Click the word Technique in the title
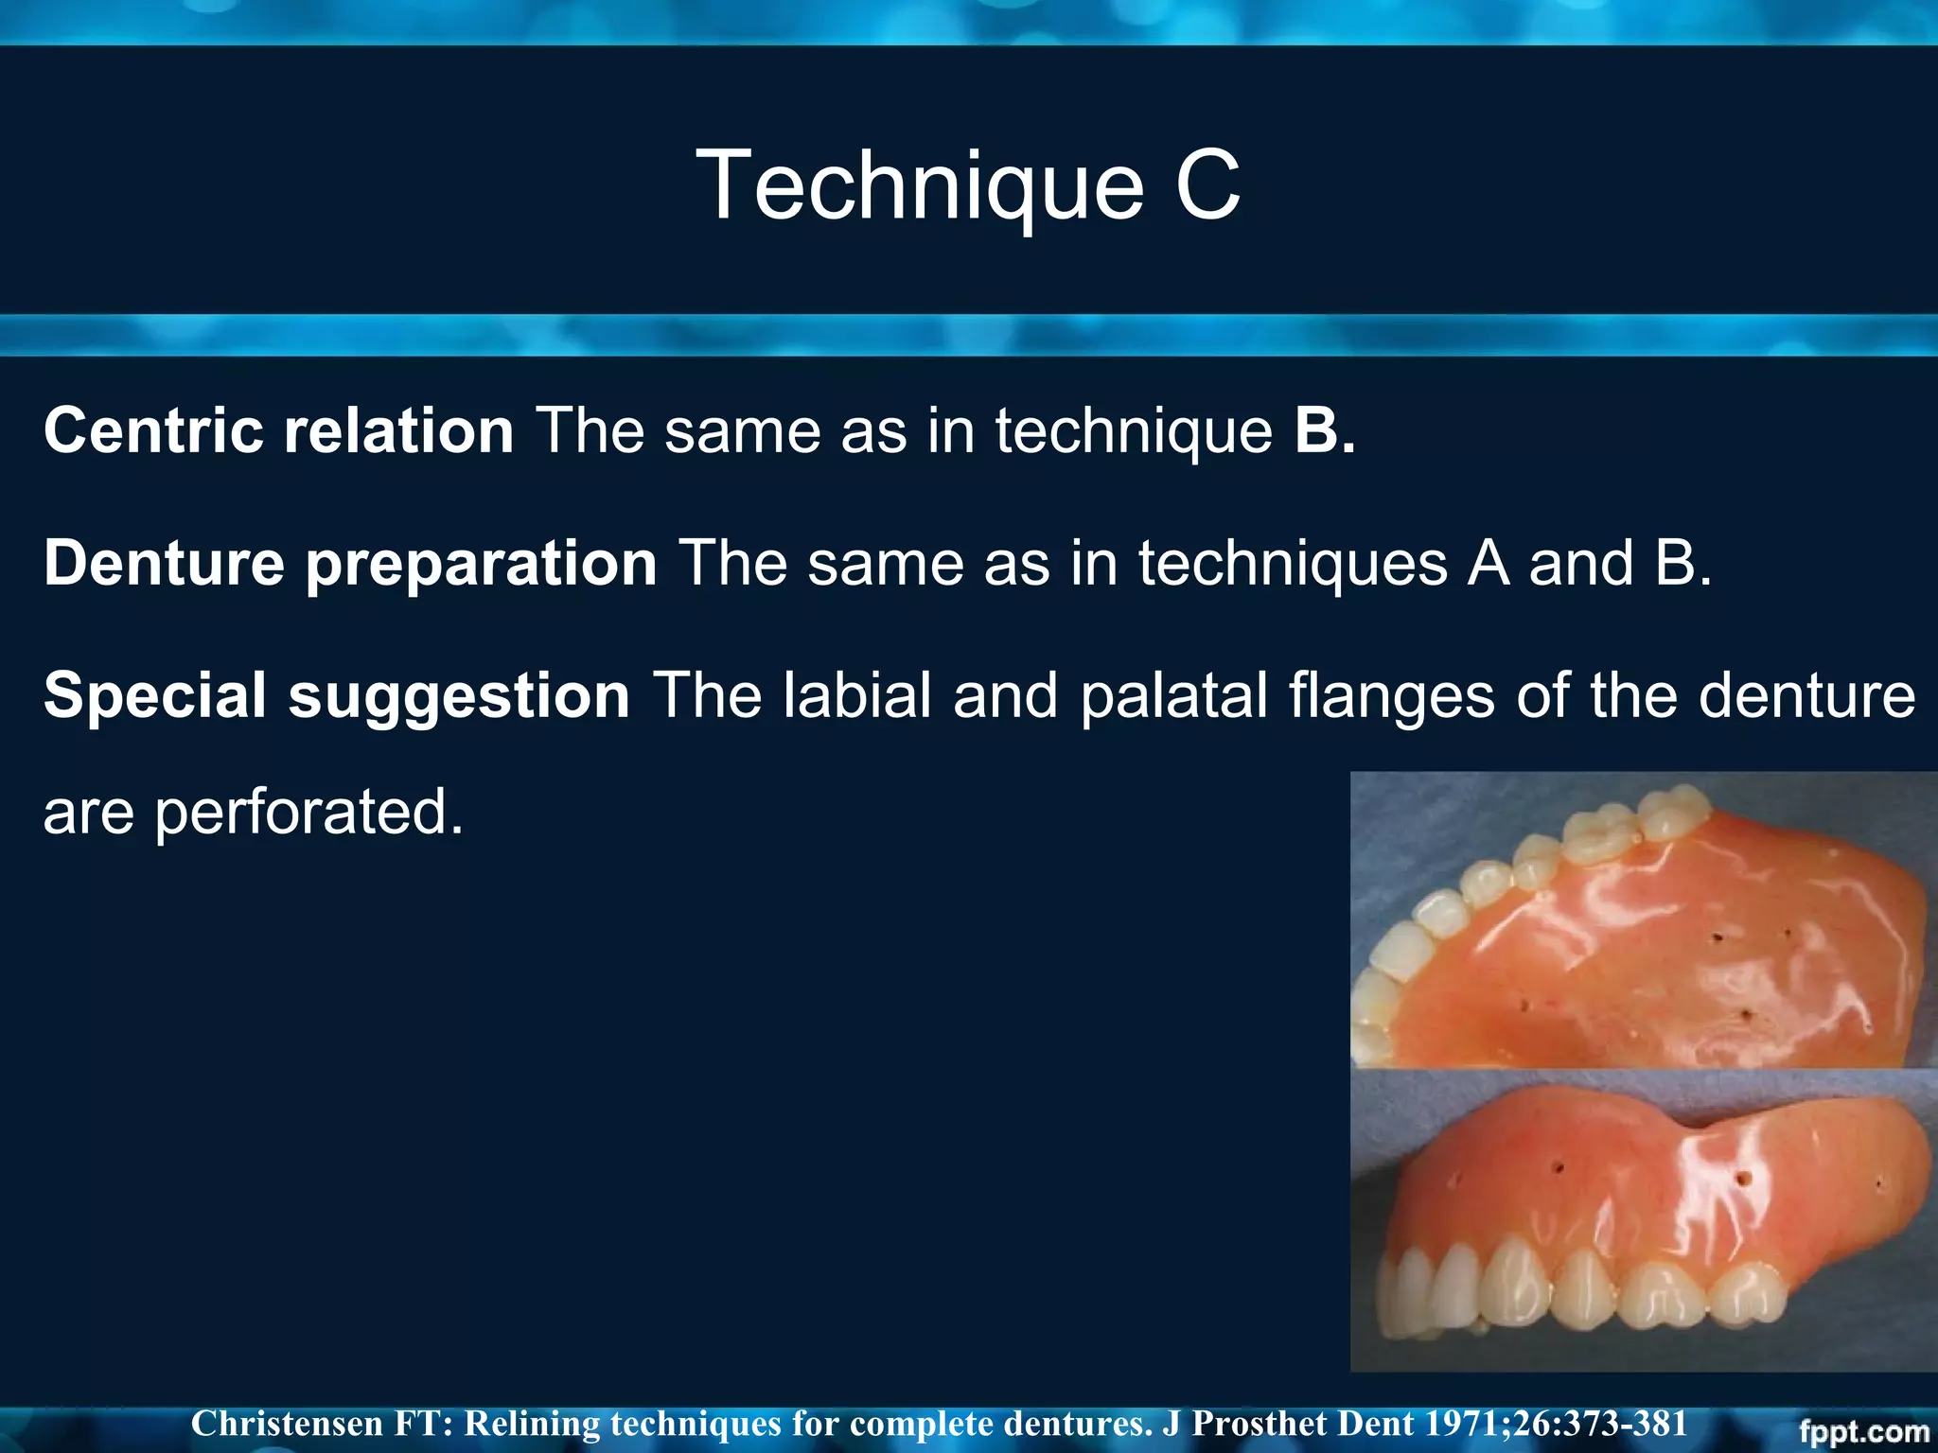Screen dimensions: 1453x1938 918,186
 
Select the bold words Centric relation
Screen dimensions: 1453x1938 278,430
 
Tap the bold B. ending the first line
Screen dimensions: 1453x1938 1324,430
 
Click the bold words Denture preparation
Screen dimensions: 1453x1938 349,563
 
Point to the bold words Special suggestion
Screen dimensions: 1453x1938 336,695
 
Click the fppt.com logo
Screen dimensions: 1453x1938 1863,1431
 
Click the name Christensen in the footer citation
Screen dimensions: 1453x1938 286,1424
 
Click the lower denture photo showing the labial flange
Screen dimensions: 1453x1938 1642,1220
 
